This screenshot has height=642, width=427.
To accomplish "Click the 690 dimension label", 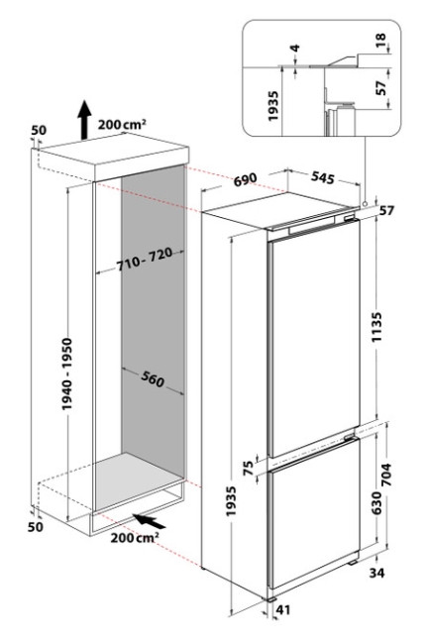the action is [246, 179].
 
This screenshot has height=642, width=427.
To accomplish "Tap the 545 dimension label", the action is [323, 177].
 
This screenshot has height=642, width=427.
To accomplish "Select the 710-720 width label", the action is [145, 260].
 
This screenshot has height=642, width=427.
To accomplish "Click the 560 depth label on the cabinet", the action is [153, 378].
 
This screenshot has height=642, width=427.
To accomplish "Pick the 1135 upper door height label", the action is [376, 327].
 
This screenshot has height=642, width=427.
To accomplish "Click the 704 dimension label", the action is [386, 475].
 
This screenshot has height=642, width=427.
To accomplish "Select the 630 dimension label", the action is [376, 503].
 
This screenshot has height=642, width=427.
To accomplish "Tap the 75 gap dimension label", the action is [249, 468].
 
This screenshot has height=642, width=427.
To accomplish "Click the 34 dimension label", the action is [376, 573].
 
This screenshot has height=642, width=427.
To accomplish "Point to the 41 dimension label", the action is [283, 609].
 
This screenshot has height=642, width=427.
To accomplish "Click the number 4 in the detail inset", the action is [295, 49].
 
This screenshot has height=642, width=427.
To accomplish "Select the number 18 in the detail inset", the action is [380, 40].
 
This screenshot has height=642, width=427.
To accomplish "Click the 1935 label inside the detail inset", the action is [273, 106].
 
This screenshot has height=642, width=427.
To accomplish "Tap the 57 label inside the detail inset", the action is [381, 88].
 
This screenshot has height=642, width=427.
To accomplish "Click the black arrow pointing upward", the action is [85, 120].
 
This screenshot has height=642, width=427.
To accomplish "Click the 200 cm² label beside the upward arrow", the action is [122, 124].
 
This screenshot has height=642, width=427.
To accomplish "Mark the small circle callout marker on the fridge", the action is [364, 203].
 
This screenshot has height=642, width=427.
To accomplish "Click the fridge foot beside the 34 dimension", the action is [354, 563].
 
